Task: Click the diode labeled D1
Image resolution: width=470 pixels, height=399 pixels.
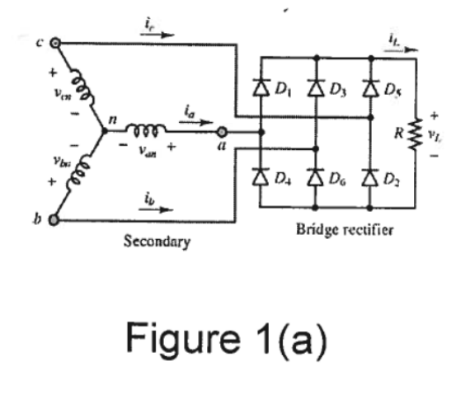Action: click(261, 86)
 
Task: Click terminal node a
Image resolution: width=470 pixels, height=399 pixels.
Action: click(221, 130)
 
